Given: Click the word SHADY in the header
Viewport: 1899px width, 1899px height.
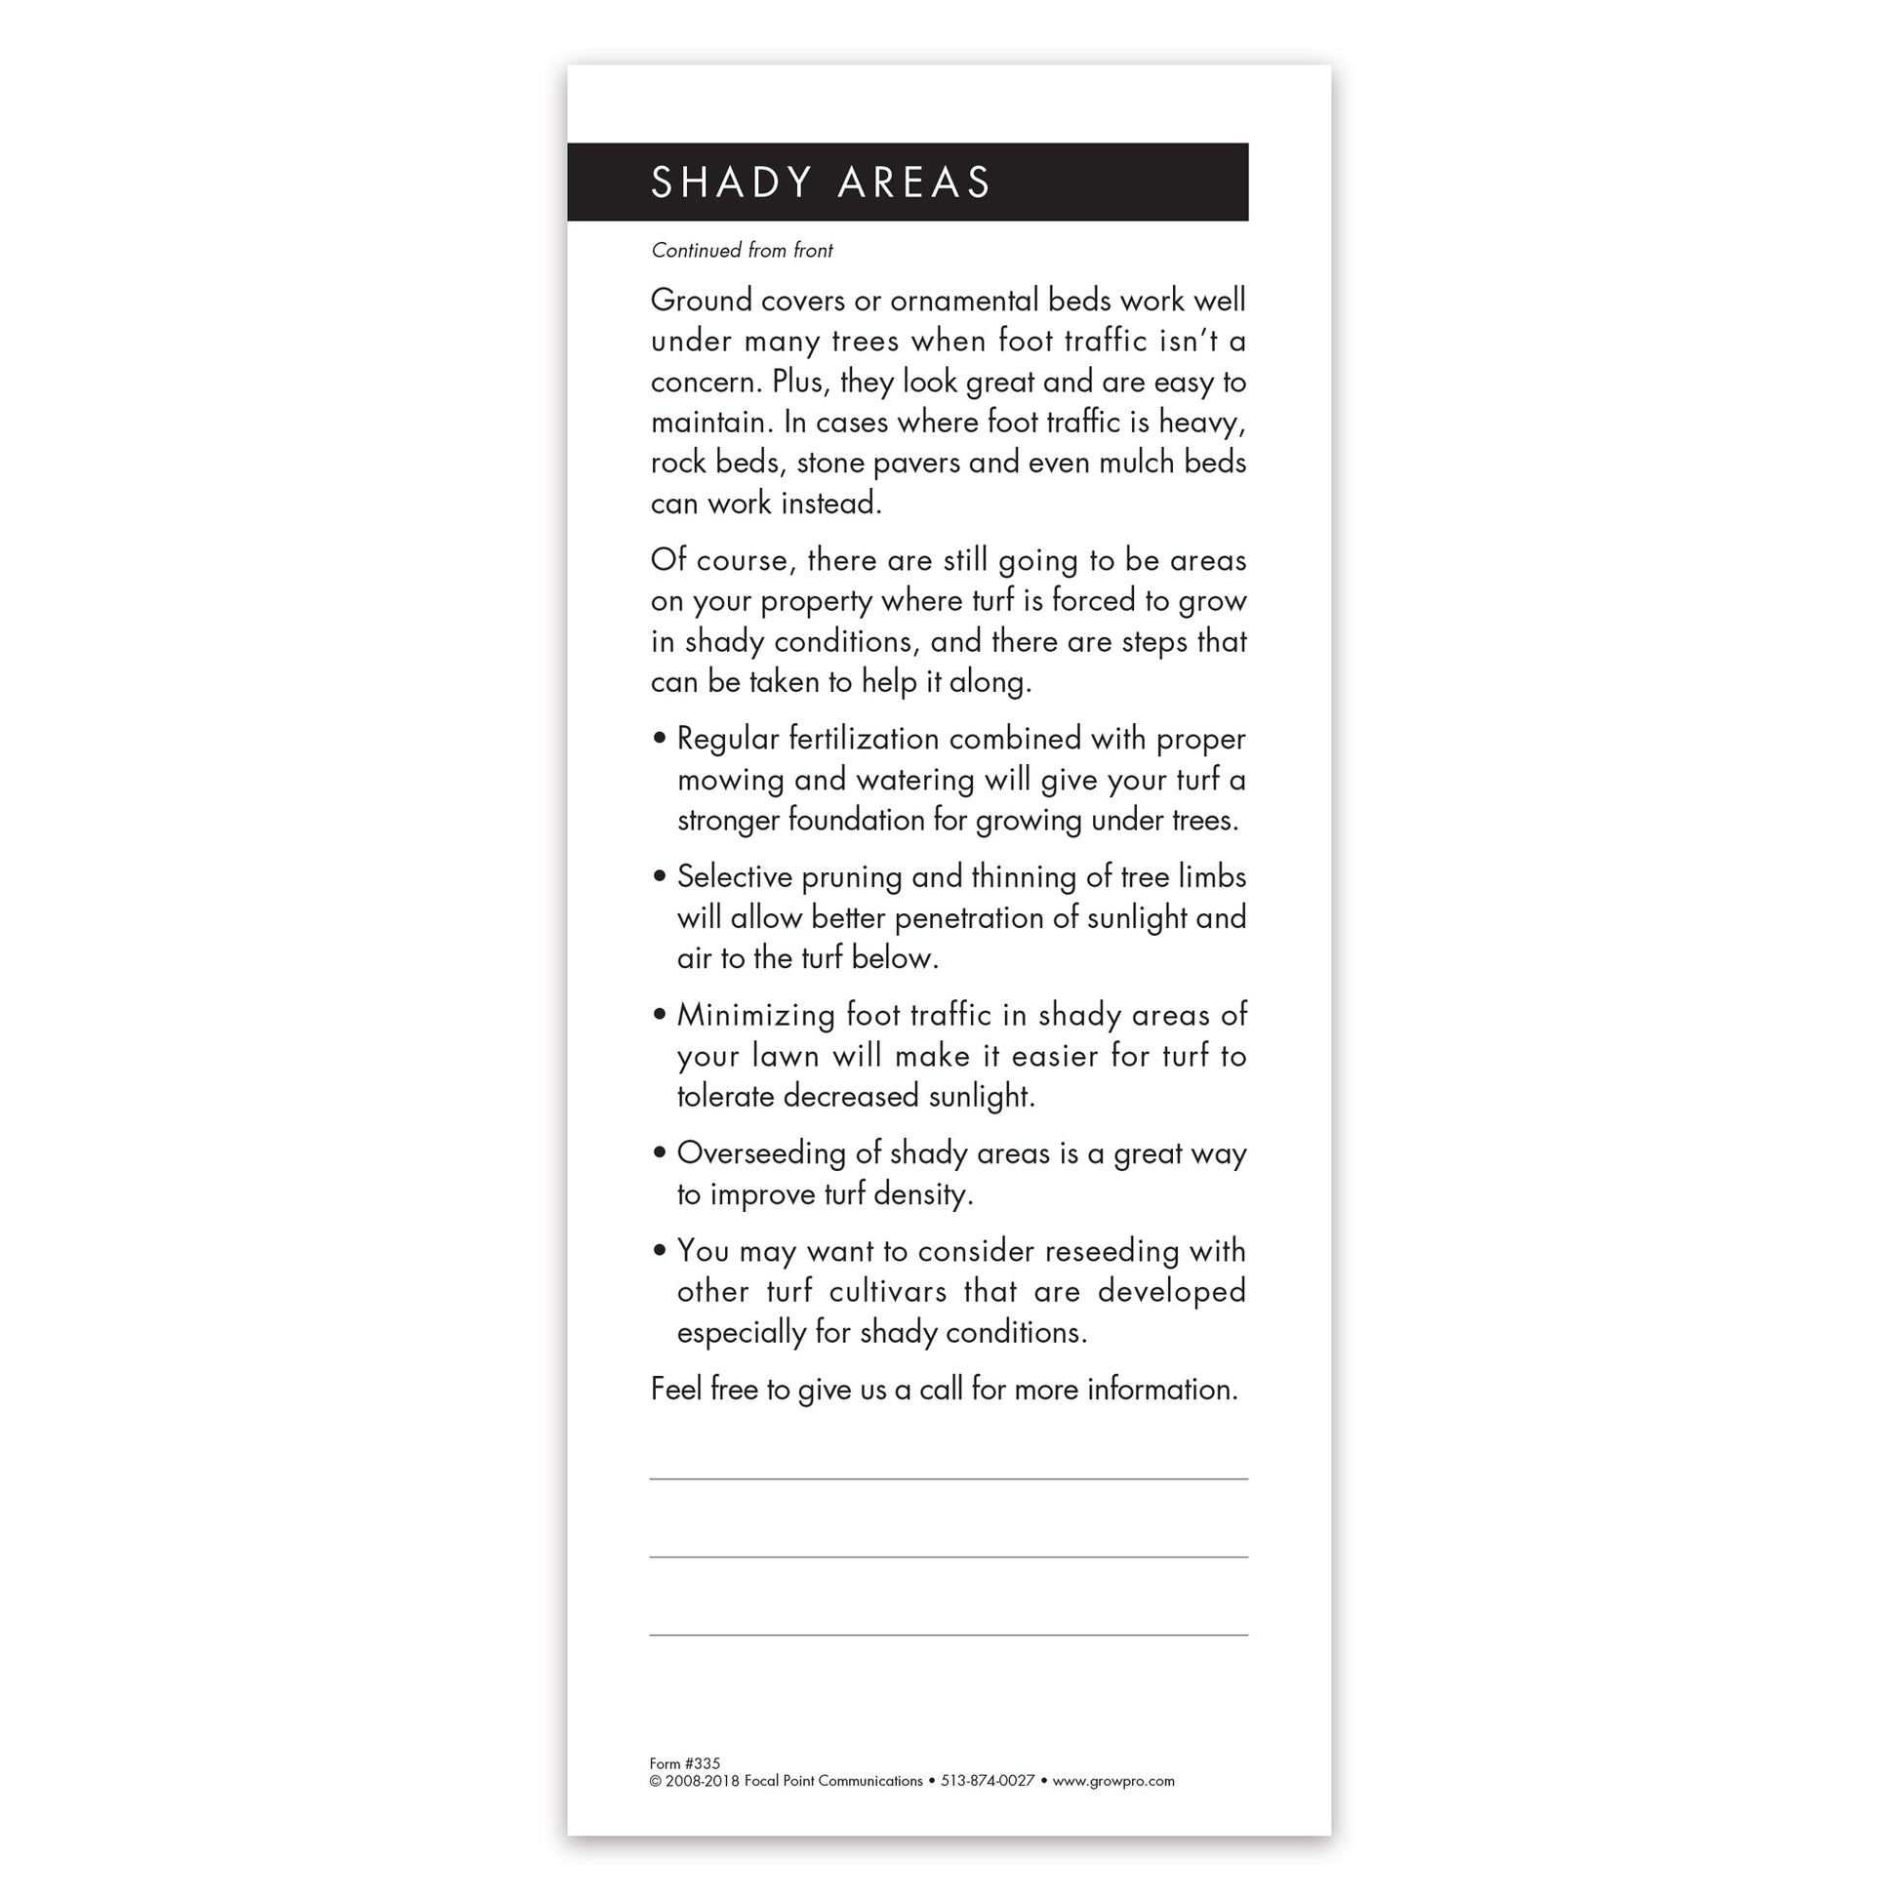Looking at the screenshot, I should click(x=731, y=182).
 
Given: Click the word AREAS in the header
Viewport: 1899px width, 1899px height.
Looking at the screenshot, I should click(x=914, y=182).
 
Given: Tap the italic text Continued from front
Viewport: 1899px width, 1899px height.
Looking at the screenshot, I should click(x=741, y=251).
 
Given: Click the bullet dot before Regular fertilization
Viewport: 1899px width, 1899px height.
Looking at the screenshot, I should click(x=659, y=737).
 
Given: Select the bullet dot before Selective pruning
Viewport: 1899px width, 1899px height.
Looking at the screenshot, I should click(x=659, y=874).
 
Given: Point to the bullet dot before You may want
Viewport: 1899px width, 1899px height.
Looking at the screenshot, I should click(x=659, y=1249).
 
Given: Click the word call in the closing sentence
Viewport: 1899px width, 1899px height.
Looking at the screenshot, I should click(x=941, y=1389).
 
